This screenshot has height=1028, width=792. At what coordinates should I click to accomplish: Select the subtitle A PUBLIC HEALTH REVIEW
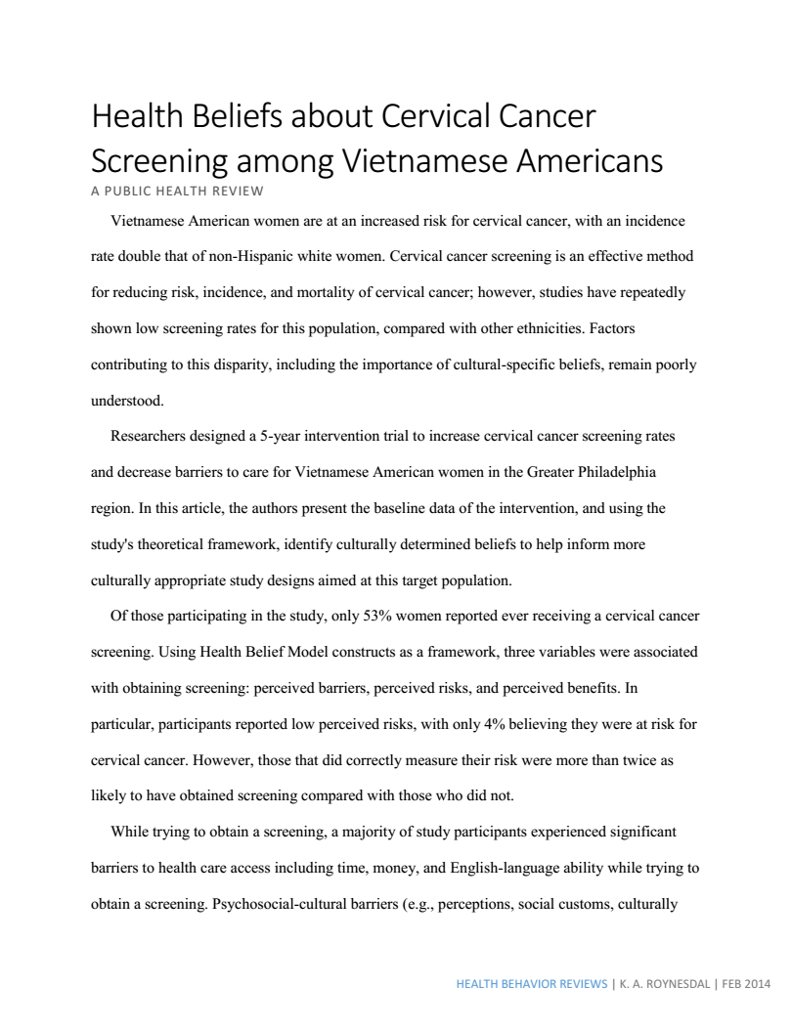click(177, 190)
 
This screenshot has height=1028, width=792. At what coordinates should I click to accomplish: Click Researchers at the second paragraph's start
click(150, 437)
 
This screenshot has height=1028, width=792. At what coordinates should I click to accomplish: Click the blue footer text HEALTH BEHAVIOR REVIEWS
click(532, 984)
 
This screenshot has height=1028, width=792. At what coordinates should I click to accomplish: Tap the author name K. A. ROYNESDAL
click(665, 984)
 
